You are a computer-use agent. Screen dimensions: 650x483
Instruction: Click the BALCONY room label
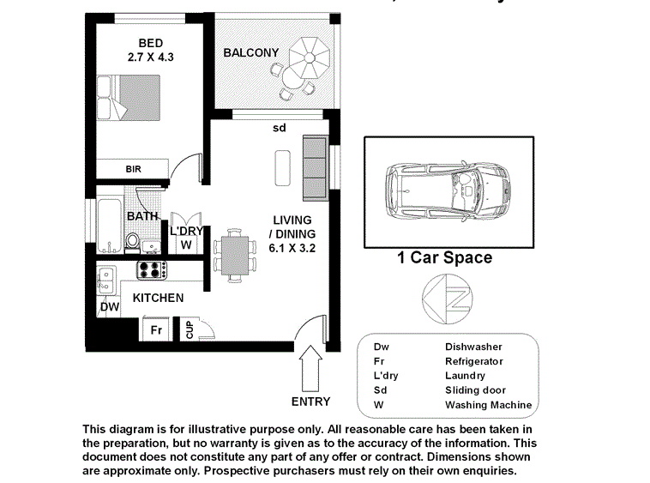tap(250, 52)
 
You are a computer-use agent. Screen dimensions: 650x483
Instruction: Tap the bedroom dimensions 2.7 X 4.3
tap(150, 57)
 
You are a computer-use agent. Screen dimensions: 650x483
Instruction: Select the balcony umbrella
tap(310, 57)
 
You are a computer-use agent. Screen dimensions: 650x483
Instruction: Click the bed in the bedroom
tap(129, 98)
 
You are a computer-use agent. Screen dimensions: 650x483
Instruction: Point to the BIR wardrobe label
tap(134, 169)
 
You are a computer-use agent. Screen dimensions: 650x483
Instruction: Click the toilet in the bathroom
tap(133, 242)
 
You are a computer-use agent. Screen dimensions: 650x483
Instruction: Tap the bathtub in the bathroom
tap(110, 226)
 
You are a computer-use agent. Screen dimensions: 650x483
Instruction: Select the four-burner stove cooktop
tap(152, 270)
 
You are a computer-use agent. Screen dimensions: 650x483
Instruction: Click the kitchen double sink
tap(106, 281)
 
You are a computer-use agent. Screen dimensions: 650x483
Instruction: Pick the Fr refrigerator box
tap(156, 329)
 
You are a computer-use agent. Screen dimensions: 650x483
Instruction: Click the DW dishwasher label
tap(110, 307)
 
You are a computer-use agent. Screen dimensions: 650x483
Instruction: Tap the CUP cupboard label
tap(190, 329)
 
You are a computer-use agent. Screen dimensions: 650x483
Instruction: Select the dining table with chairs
tap(235, 256)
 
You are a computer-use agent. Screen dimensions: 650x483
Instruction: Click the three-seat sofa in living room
tap(316, 168)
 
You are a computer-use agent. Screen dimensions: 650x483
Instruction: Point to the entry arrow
tap(310, 368)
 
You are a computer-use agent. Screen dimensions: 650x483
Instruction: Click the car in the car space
tap(448, 191)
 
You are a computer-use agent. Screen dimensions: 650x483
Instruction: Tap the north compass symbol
tap(448, 299)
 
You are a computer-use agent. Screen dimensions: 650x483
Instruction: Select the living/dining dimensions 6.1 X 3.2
tap(292, 248)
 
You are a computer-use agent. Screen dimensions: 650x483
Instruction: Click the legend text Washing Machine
tap(488, 405)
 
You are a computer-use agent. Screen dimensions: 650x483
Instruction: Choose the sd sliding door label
tap(280, 128)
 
